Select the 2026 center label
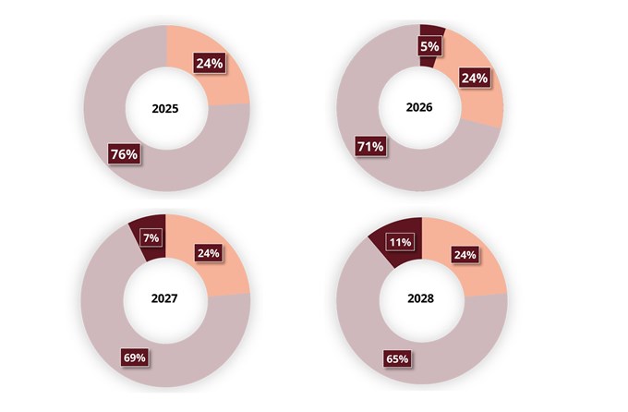419,107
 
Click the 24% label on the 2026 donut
474,79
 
